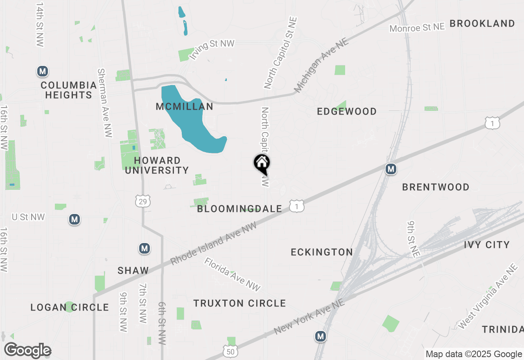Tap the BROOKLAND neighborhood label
click(482, 23)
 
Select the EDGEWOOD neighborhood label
click(347, 111)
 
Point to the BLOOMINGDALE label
click(239, 209)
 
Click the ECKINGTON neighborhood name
click(322, 252)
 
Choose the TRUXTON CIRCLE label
click(239, 303)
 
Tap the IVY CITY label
click(487, 245)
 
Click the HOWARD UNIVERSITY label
click(157, 165)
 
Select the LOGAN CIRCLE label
click(70, 307)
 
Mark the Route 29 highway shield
click(143, 200)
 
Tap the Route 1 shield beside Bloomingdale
click(297, 207)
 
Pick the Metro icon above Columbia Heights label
click(42, 72)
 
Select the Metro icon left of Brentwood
click(391, 169)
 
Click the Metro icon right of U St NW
click(74, 220)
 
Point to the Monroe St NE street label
click(417, 28)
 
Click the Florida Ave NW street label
click(233, 274)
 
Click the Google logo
click(27, 351)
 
